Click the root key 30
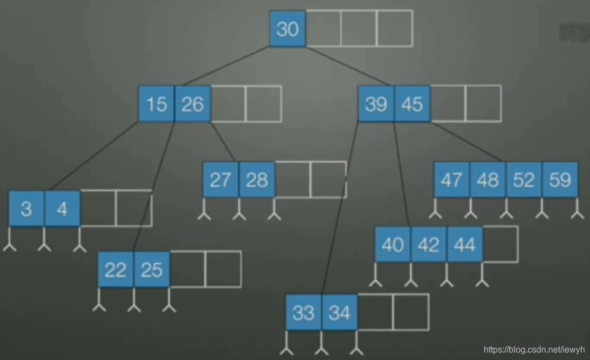point(287,29)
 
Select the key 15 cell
point(157,104)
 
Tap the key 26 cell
point(192,104)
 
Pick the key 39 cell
point(376,104)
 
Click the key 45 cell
point(412,104)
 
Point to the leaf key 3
point(27,209)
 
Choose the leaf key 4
point(62,209)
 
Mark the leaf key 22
point(115,269)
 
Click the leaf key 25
point(151,269)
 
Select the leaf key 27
point(221,179)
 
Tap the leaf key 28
point(256,179)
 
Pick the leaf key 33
point(303,312)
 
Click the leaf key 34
point(339,312)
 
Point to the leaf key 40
point(393,245)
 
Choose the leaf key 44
point(464,245)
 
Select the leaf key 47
point(452,179)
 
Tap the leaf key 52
point(523,179)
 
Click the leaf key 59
point(559,179)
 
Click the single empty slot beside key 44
point(500,245)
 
